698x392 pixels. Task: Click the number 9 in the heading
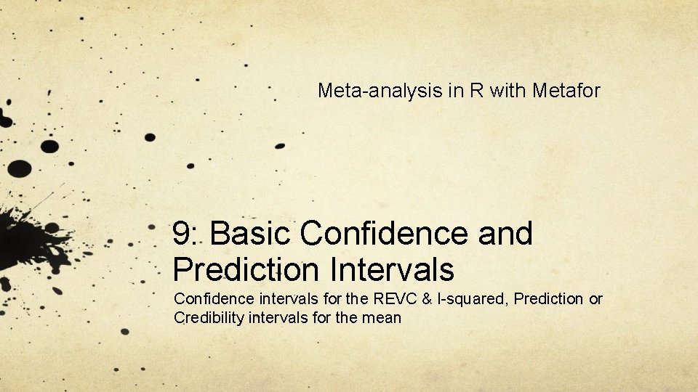click(182, 234)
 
